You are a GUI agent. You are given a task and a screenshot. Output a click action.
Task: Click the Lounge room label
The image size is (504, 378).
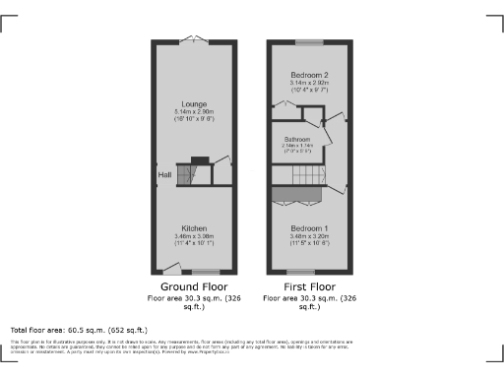pos(193,102)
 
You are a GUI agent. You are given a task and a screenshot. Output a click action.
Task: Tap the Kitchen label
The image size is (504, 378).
pos(193,227)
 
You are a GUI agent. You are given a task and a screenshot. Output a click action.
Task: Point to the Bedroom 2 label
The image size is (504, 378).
pos(309,76)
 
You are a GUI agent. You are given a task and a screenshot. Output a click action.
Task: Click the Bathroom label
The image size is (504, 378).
pos(297,140)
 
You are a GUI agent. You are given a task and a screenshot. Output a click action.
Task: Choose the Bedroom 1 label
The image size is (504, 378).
pos(309,227)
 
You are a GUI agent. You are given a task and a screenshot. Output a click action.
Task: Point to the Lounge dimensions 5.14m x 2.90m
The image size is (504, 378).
pos(193,112)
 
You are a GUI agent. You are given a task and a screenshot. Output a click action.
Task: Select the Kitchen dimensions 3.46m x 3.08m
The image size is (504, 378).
pos(193,236)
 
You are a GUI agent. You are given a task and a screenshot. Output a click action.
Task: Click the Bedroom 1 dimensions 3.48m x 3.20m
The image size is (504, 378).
pos(309,236)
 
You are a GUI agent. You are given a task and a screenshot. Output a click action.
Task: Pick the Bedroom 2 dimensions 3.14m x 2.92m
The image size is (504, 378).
pos(309,85)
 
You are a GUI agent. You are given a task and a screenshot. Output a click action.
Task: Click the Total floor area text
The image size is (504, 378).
pos(79,330)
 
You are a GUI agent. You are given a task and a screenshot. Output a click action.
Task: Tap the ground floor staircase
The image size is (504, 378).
pos(188,174)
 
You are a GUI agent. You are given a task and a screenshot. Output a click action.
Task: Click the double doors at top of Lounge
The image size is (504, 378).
pos(193,41)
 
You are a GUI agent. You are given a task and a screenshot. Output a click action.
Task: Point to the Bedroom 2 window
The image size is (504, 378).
pos(309,42)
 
